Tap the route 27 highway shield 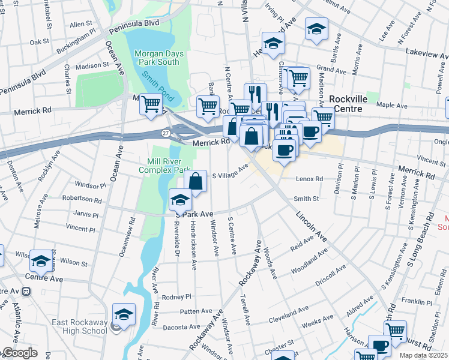(x=166, y=132)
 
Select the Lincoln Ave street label (x=310, y=227)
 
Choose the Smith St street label (x=306, y=198)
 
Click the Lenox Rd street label (x=310, y=179)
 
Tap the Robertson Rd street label (x=81, y=199)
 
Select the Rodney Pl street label (x=176, y=296)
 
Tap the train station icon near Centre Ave (x=25, y=292)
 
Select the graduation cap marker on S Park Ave (x=180, y=199)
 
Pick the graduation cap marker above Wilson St (x=41, y=260)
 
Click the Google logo (x=19, y=353)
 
